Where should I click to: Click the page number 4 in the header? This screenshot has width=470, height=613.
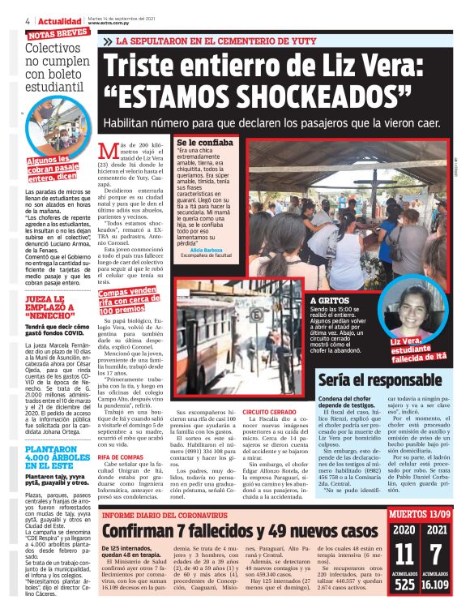click(x=28, y=20)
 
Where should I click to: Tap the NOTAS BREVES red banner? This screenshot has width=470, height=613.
click(x=58, y=35)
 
